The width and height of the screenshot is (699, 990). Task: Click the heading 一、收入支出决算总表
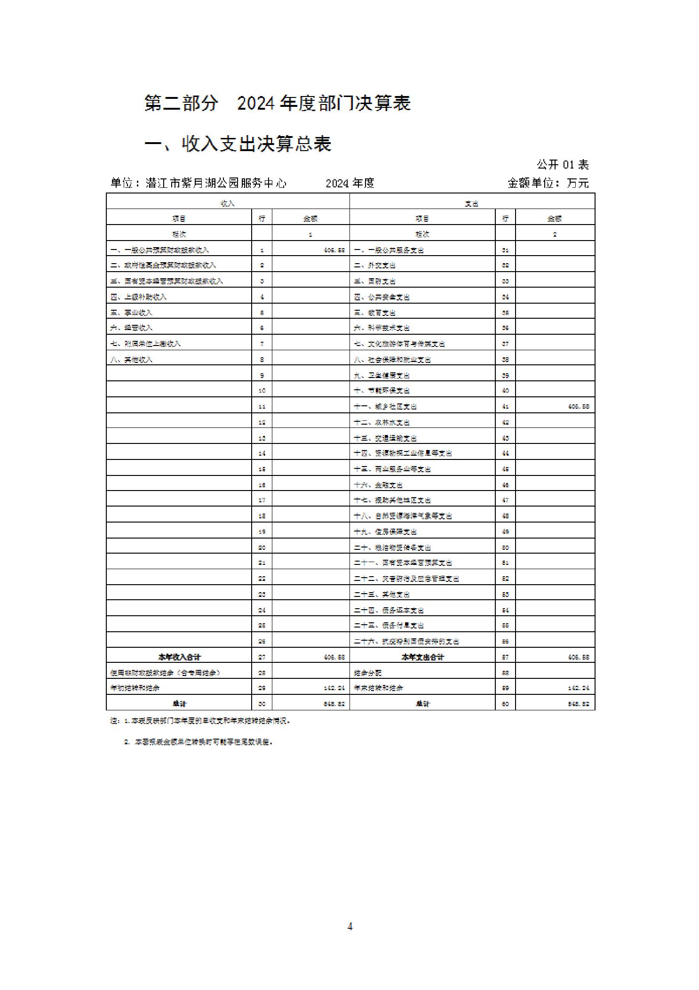[238, 144]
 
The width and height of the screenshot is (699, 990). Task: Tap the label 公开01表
[563, 164]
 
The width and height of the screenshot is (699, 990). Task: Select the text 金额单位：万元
[548, 183]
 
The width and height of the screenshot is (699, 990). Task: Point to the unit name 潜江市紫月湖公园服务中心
[216, 183]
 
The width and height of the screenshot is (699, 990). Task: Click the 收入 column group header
[228, 203]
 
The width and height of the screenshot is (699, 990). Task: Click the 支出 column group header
[472, 203]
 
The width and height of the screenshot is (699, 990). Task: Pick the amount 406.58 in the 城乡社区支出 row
[578, 406]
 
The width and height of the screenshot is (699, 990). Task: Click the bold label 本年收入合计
[179, 657]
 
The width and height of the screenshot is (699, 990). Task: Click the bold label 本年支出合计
[422, 657]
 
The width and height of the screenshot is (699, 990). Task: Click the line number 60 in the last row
[505, 704]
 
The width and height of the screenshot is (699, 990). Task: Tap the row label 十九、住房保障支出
[385, 532]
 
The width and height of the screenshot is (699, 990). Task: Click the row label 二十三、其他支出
[381, 595]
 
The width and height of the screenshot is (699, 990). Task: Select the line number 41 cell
[505, 406]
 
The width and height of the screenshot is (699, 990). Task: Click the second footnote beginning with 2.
[199, 742]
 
